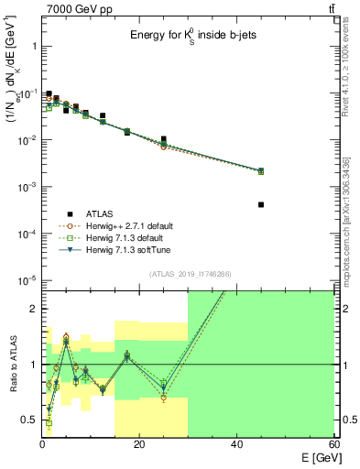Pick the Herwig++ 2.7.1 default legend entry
[127, 224]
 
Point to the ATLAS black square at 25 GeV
[164, 139]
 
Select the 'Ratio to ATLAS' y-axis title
[11, 364]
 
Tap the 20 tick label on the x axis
[139, 445]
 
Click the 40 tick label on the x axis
[237, 445]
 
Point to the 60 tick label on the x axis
[333, 445]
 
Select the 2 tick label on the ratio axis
[31, 309]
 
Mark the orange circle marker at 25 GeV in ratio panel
[164, 398]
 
